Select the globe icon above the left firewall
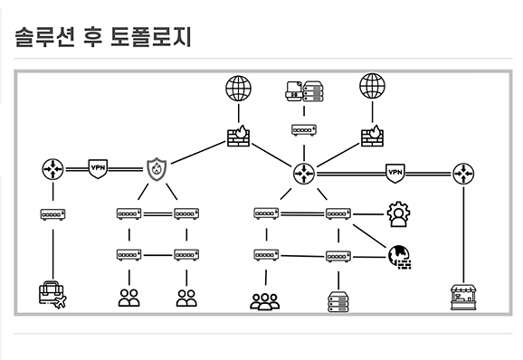238,88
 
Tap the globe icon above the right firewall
372,87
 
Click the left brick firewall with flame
238,136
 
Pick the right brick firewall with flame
372,135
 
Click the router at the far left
52,169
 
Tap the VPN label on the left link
99,168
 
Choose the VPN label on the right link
395,171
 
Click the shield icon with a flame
157,169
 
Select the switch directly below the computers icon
303,130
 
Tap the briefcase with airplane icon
52,295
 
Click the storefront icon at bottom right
464,296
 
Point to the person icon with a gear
397,214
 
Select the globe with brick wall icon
399,258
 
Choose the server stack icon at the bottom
337,300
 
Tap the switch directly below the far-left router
52,214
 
